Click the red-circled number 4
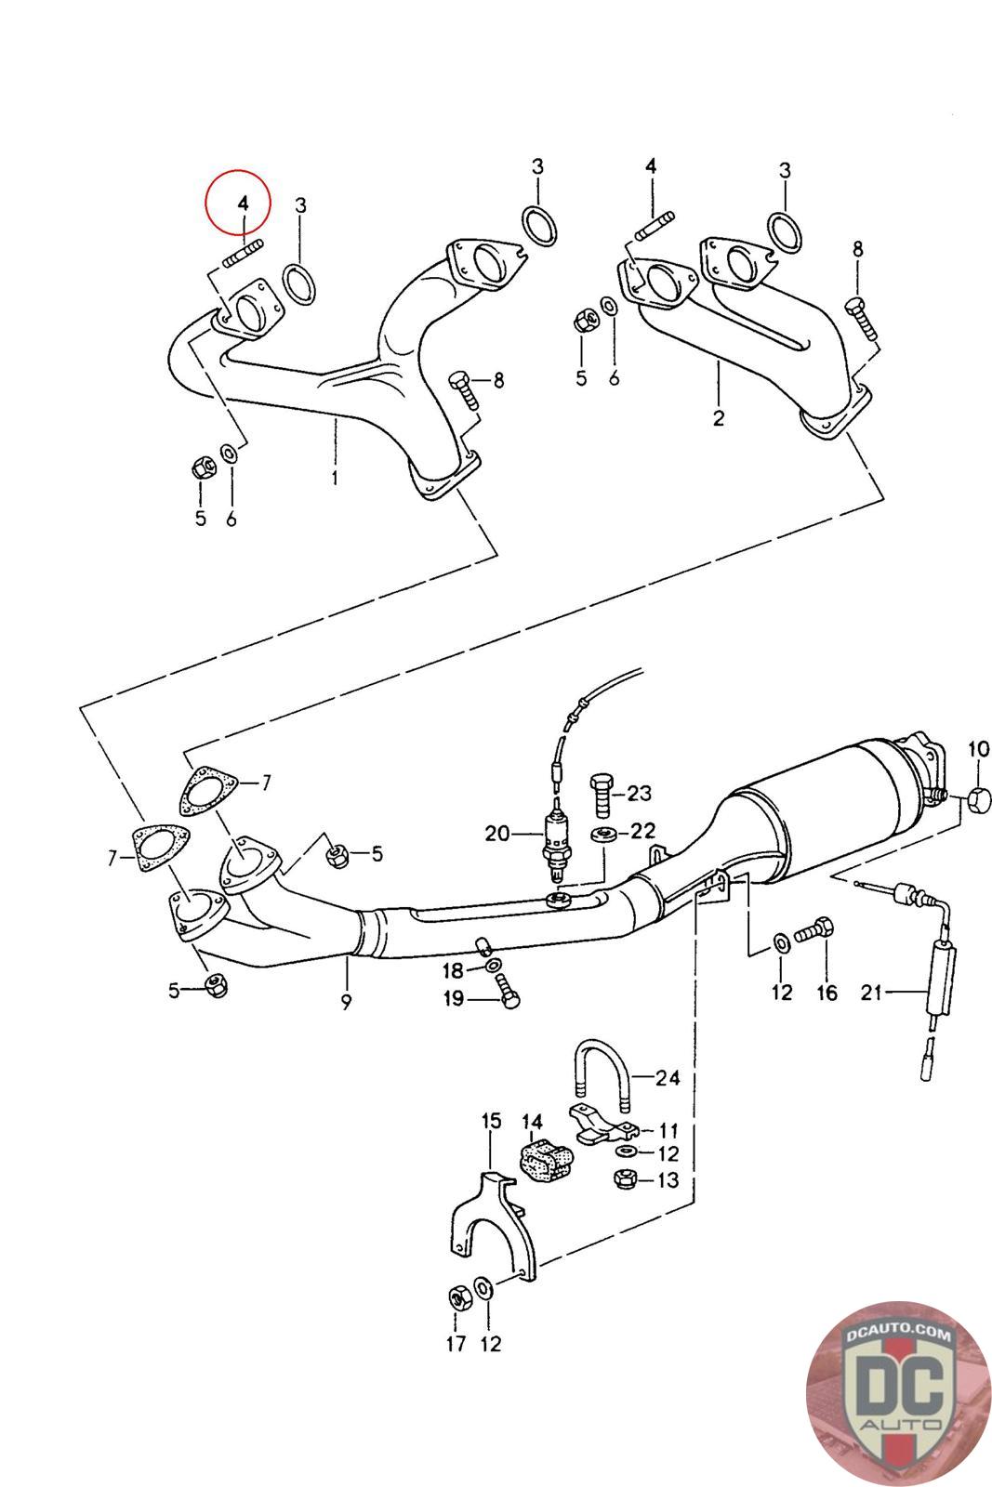click(242, 203)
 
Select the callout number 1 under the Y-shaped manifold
click(334, 479)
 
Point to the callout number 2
click(718, 418)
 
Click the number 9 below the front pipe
click(346, 1003)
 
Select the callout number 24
click(667, 1078)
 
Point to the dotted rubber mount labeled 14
click(544, 1161)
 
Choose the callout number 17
click(456, 1343)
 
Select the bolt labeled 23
click(602, 793)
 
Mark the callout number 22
click(643, 830)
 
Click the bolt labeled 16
click(818, 932)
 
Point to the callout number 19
click(454, 999)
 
